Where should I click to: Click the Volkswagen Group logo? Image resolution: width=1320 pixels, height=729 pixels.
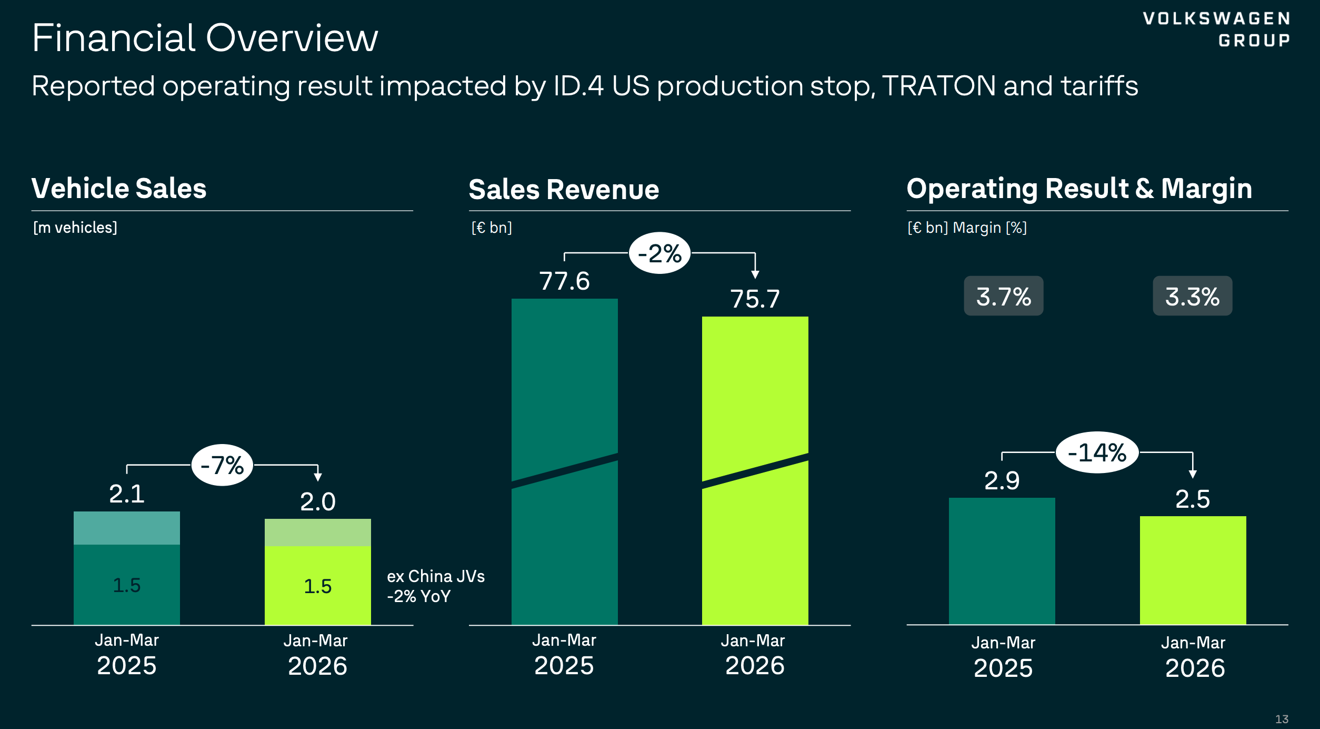pyautogui.click(x=1216, y=29)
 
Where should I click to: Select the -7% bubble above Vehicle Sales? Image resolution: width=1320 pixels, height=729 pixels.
pyautogui.click(x=222, y=465)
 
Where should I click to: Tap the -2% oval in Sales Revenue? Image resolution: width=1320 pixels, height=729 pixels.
pyautogui.click(x=659, y=253)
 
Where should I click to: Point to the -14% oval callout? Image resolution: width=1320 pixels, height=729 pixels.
pyautogui.click(x=1097, y=452)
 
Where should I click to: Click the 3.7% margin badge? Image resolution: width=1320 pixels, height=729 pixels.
pyautogui.click(x=1003, y=296)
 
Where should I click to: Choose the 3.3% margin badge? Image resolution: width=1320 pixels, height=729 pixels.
pyautogui.click(x=1192, y=296)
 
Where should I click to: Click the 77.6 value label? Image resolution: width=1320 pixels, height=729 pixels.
pyautogui.click(x=564, y=281)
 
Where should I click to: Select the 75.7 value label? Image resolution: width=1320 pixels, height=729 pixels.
pyautogui.click(x=755, y=299)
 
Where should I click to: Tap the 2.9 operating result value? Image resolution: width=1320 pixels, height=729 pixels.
pyautogui.click(x=1002, y=480)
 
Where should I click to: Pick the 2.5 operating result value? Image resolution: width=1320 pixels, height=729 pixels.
pyautogui.click(x=1192, y=499)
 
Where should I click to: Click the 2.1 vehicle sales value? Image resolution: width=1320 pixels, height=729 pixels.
pyautogui.click(x=127, y=494)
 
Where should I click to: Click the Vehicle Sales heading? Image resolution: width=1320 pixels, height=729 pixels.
pyautogui.click(x=119, y=188)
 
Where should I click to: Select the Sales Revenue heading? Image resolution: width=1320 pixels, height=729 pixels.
pyautogui.click(x=564, y=189)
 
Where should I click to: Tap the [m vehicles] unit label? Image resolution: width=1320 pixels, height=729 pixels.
pyautogui.click(x=75, y=228)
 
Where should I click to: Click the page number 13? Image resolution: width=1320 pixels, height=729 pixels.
pyautogui.click(x=1282, y=719)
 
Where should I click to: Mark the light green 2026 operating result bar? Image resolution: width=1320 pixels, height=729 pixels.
pyautogui.click(x=1193, y=570)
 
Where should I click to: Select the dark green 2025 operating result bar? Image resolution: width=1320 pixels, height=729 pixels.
pyautogui.click(x=1002, y=561)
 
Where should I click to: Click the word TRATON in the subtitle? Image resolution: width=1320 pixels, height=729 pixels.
pyautogui.click(x=938, y=86)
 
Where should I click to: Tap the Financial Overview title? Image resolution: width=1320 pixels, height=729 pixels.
pyautogui.click(x=205, y=38)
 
